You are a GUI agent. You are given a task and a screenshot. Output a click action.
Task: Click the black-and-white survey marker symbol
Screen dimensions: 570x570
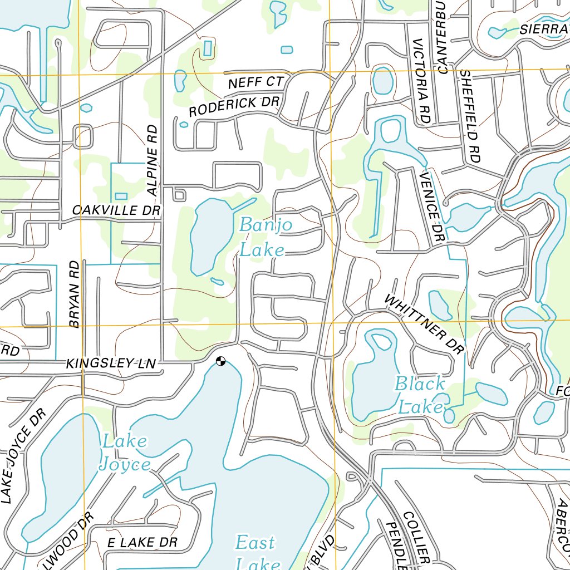coord(221,361)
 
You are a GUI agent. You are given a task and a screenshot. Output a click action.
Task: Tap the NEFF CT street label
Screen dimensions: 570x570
coord(256,83)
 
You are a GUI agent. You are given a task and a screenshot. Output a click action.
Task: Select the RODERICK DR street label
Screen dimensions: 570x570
coord(233,106)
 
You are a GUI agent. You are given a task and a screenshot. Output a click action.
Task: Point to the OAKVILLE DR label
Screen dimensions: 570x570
coord(116,210)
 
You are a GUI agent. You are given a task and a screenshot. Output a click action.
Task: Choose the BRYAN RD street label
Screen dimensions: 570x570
coord(75,294)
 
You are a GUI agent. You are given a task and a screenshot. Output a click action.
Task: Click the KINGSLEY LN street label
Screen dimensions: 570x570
coord(111,364)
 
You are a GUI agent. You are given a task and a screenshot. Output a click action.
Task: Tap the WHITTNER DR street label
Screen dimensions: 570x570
coord(424,325)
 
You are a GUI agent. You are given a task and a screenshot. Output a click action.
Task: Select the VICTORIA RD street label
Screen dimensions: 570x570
coord(422,81)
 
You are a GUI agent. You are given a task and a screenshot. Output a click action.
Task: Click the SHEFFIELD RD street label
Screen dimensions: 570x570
coord(470,116)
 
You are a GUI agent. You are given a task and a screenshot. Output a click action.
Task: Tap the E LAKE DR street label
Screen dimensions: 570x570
coord(142,543)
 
